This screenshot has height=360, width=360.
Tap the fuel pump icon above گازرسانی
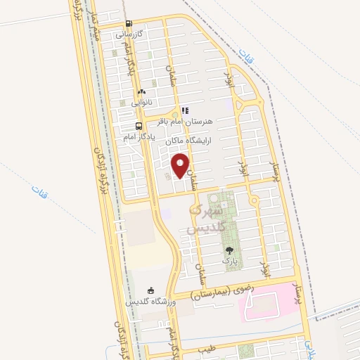coord(127,22)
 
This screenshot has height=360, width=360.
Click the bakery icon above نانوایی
coord(142,91)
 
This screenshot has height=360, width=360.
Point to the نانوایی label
coord(140,103)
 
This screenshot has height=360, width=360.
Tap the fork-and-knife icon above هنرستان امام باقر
coord(184,110)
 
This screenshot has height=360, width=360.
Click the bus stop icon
coord(137,127)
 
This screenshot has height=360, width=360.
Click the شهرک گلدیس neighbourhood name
coord(206,219)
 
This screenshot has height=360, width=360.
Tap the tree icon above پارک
coord(229,250)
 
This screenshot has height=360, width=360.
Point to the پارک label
coord(229,261)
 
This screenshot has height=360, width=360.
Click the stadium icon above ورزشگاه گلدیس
coord(150,290)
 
